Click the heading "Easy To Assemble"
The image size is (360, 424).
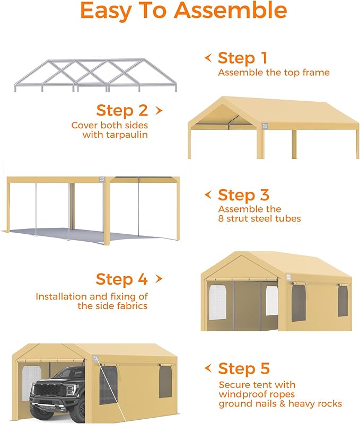click(183, 11)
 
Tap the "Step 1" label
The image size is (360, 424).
click(242, 58)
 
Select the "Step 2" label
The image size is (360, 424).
click(122, 110)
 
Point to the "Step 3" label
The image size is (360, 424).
click(243, 195)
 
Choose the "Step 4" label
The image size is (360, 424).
click(121, 279)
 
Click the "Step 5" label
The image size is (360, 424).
click(244, 368)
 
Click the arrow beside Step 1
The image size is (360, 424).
click(208, 57)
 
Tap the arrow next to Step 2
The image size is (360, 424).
click(158, 110)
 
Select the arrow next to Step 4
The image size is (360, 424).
click(158, 279)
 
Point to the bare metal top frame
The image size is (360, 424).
click(95, 74)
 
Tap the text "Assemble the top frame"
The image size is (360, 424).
click(274, 73)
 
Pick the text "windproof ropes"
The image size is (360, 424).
click(257, 394)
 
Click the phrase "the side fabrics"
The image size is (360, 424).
click(112, 306)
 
